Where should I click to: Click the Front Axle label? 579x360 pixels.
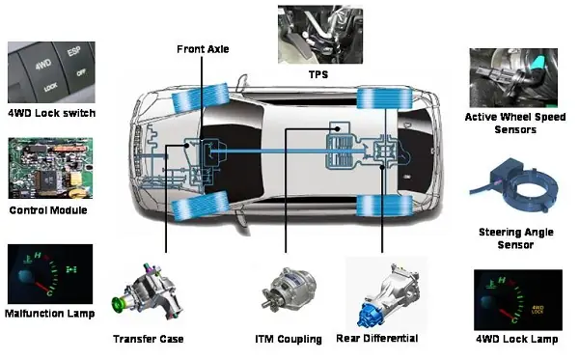203,49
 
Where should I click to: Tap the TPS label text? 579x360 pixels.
318,74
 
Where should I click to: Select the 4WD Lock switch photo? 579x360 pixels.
51,72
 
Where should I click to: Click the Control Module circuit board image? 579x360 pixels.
50,168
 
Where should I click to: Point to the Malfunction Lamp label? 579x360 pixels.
50,314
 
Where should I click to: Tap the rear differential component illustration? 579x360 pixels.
388,293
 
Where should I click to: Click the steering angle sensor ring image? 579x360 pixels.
514,185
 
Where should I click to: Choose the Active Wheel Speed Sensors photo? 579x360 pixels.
513,78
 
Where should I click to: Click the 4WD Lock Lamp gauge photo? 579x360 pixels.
518,300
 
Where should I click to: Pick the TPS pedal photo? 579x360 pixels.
320,35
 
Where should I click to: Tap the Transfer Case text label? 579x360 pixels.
149,339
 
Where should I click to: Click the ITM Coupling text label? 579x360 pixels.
289,340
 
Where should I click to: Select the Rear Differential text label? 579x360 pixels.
377,339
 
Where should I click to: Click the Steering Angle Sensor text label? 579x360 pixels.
516,238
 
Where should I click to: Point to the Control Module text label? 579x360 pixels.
48,210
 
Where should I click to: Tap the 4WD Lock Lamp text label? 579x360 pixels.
516,339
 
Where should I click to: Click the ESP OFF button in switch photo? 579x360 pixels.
76,63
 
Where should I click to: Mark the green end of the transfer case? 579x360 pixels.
119,303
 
